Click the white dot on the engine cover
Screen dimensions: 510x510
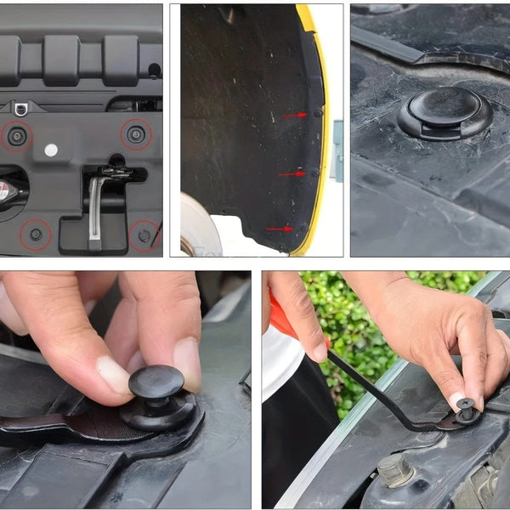pyautogui.click(x=51, y=150)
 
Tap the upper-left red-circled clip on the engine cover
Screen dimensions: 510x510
pyautogui.click(x=17, y=136)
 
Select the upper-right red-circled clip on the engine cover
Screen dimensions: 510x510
pyautogui.click(x=136, y=133)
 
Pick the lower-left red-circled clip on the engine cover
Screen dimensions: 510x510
pyautogui.click(x=36, y=234)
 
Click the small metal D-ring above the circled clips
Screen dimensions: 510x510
pyautogui.click(x=20, y=108)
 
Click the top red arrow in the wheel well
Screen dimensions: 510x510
pyautogui.click(x=294, y=114)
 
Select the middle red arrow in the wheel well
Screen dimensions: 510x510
pyautogui.click(x=291, y=173)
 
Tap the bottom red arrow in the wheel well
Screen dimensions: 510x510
pyautogui.click(x=278, y=229)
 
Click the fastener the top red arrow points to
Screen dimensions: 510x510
pyautogui.click(x=318, y=112)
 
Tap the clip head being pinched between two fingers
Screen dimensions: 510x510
pyautogui.click(x=156, y=382)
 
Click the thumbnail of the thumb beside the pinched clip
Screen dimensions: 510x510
pyautogui.click(x=114, y=374)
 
